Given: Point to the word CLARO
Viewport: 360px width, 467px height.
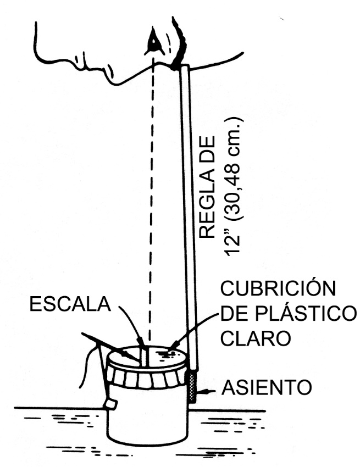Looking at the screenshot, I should pyautogui.click(x=254, y=337).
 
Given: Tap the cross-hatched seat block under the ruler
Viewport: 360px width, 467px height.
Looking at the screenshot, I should pyautogui.click(x=192, y=387).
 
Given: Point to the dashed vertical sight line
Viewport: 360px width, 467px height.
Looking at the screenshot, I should pyautogui.click(x=152, y=192).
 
